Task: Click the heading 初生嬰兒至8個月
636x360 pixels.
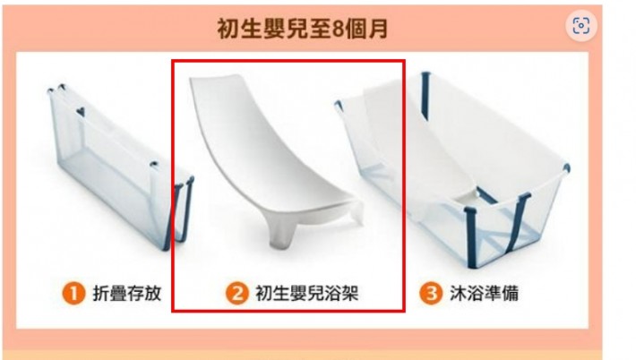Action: click(x=303, y=29)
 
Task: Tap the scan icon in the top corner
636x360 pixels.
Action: click(x=580, y=26)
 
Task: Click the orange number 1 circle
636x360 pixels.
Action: click(x=73, y=293)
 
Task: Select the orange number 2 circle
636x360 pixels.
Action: click(x=236, y=293)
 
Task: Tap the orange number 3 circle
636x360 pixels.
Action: click(x=431, y=293)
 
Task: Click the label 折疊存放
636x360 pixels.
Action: click(x=127, y=293)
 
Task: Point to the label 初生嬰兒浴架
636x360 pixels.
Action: click(x=307, y=293)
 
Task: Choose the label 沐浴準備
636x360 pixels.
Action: click(x=484, y=293)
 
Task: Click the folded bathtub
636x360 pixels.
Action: click(x=120, y=167)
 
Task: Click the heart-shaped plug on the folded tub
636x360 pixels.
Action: click(x=81, y=111)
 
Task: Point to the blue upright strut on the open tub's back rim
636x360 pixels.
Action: click(x=425, y=96)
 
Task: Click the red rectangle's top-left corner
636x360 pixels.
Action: click(x=172, y=61)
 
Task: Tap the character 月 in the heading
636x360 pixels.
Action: click(x=378, y=29)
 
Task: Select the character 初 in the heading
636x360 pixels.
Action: click(x=228, y=29)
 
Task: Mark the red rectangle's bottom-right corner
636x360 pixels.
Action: click(x=404, y=312)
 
